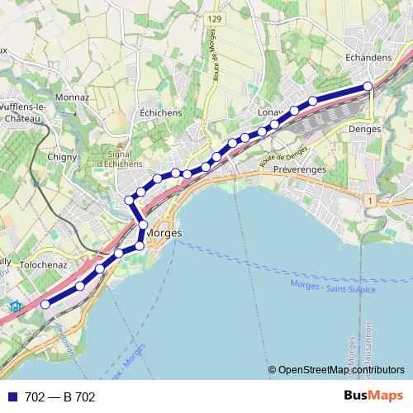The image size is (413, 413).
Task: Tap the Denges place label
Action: [364, 130]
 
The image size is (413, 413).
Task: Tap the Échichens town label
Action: [156, 112]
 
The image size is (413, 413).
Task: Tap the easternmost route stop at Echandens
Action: [368, 86]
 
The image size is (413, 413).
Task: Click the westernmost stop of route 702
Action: [45, 304]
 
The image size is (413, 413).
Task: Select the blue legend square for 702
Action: [13, 397]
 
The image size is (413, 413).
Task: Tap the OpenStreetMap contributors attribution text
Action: [340, 369]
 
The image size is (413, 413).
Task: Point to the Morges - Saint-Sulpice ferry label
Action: [333, 287]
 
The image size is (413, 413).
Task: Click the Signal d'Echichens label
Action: [126, 158]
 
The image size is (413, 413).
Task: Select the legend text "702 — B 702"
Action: [60, 397]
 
